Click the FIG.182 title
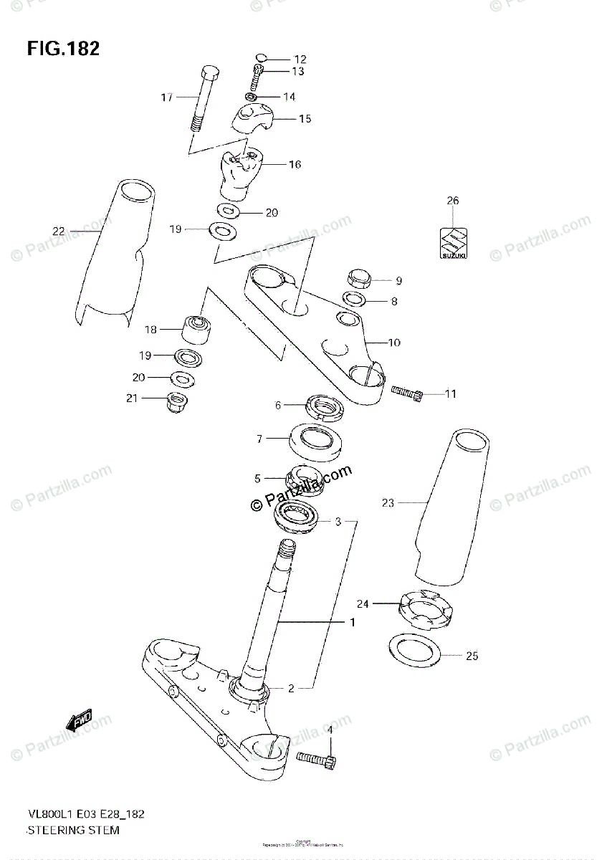pos(63,48)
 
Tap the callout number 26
pos(452,201)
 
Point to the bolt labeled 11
pos(408,391)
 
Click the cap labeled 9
pos(358,278)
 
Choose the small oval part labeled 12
pos(262,58)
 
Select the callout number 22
pos(58,231)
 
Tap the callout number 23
pos(388,503)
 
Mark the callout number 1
pos(353,623)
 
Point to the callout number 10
pos(393,343)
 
